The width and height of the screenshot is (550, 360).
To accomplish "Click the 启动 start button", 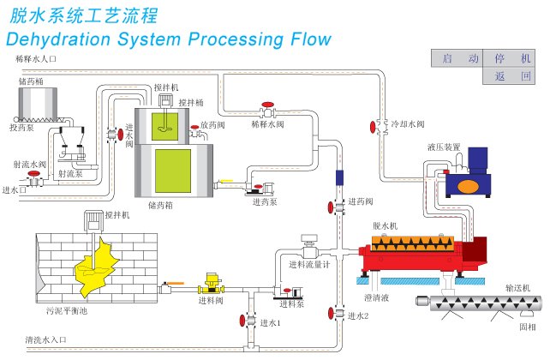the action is click(x=457, y=58).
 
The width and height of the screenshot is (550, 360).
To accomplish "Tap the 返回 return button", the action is click(x=509, y=75).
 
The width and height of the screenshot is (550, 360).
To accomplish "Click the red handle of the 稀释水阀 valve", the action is click(x=268, y=105).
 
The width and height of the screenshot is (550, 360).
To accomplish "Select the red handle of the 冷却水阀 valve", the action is click(x=373, y=127).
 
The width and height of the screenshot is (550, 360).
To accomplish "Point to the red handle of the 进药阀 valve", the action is click(x=331, y=207).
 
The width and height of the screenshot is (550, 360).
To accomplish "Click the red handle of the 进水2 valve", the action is click(x=331, y=314).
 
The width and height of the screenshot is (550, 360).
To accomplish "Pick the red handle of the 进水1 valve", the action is click(x=242, y=321).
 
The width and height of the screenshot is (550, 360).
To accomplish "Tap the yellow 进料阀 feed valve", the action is click(x=212, y=284).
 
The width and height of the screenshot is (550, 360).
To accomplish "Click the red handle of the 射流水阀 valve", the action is click(x=34, y=173).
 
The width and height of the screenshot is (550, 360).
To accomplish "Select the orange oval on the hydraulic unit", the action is click(x=469, y=186).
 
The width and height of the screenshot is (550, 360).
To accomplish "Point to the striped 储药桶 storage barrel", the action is click(x=38, y=104).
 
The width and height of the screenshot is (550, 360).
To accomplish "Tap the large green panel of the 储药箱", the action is click(x=173, y=171).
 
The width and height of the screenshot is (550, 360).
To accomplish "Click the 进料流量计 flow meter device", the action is click(x=309, y=247).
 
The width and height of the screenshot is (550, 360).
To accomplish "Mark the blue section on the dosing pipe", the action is click(x=339, y=177).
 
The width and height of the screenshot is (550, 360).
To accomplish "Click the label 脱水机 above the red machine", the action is click(x=386, y=225).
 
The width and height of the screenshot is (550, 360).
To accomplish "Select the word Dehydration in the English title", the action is click(x=58, y=39).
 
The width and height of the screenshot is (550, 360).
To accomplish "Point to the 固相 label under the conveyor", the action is click(x=528, y=327).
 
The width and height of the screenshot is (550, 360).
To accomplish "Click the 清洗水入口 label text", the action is click(x=45, y=339).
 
